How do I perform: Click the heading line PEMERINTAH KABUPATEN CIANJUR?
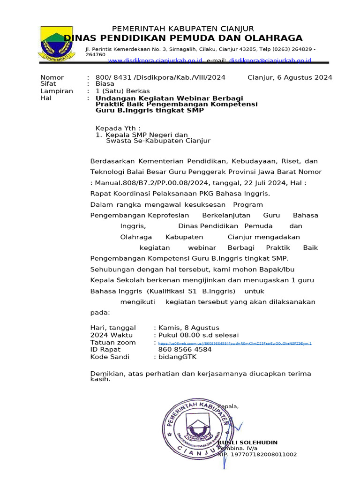182,29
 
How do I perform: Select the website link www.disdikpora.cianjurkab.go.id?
155,60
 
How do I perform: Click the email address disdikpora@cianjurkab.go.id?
270,60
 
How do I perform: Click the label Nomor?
52,77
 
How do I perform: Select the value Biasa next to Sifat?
105,84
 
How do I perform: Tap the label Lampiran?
57,91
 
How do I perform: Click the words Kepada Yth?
116,128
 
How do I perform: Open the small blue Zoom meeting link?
235,343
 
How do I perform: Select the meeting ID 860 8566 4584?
185,350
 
